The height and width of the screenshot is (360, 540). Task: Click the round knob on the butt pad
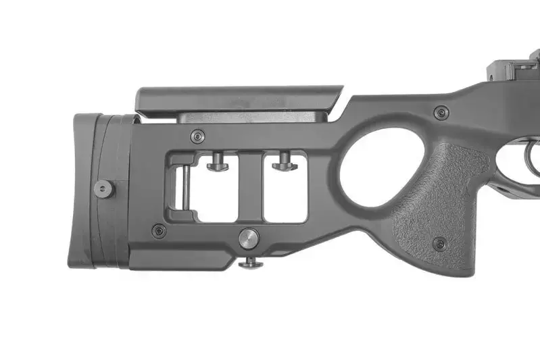pos(103,188)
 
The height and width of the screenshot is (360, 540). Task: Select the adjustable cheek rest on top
pos(237,99)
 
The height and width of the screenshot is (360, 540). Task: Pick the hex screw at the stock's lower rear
pos(159,231)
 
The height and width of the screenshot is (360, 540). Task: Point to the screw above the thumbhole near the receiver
pos(441,113)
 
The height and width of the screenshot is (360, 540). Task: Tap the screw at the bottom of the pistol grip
pos(439,244)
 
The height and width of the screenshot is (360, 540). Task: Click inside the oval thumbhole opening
pos(373,169)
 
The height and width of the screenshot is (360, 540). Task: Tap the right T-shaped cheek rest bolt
pos(284,162)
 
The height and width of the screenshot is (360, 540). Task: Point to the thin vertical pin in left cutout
pos(180,188)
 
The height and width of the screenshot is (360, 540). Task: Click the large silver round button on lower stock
pos(248,238)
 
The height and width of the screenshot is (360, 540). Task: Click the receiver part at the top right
pos(514,68)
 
